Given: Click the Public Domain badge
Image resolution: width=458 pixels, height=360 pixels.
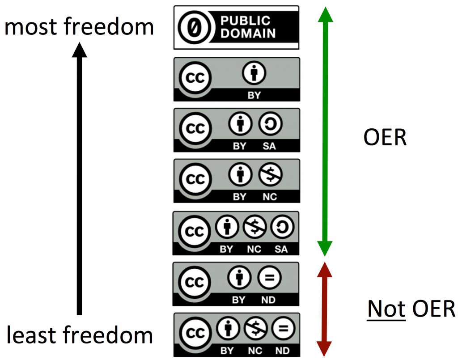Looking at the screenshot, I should [236, 27].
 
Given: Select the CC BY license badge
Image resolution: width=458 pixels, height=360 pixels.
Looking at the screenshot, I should [237, 79].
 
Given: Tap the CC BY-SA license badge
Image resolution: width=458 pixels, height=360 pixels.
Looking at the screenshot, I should [237, 130].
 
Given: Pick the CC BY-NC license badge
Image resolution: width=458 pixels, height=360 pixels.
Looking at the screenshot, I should [237, 181].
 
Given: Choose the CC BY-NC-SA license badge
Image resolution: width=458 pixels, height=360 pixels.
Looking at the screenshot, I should [236, 233].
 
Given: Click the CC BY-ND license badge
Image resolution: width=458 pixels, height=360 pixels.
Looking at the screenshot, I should [236, 284].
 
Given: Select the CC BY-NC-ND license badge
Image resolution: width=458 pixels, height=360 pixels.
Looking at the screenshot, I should [236, 335].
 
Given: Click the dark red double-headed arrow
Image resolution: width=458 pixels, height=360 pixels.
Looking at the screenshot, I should [325, 309].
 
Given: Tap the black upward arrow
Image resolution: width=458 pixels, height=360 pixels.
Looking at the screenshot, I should [80, 179].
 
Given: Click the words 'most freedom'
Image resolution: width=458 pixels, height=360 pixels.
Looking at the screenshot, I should [79, 27].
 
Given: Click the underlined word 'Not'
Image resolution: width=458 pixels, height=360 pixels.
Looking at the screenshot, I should [386, 309].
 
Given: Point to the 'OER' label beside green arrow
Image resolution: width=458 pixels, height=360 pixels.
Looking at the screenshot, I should [385, 138].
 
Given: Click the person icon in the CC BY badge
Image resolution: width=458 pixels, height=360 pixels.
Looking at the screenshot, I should [254, 73].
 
